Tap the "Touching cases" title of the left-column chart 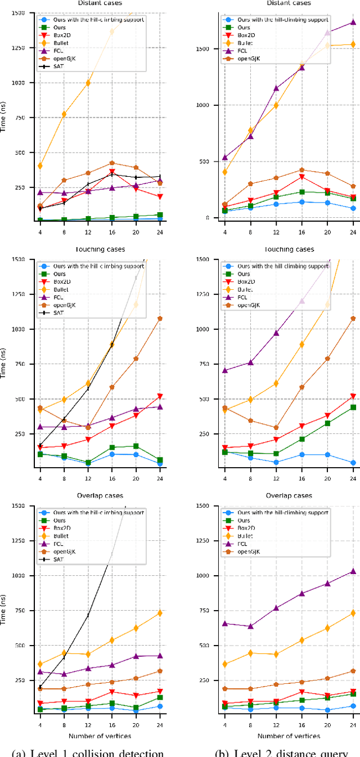pyautogui.click(x=104, y=249)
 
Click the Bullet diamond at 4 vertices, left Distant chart pyautogui.click(x=39, y=166)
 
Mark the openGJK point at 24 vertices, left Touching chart pyautogui.click(x=160, y=319)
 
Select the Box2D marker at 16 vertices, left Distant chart pyautogui.click(x=112, y=172)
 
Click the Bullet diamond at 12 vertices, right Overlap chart pyautogui.click(x=276, y=655)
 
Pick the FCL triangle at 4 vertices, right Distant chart pyautogui.click(x=224, y=158)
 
